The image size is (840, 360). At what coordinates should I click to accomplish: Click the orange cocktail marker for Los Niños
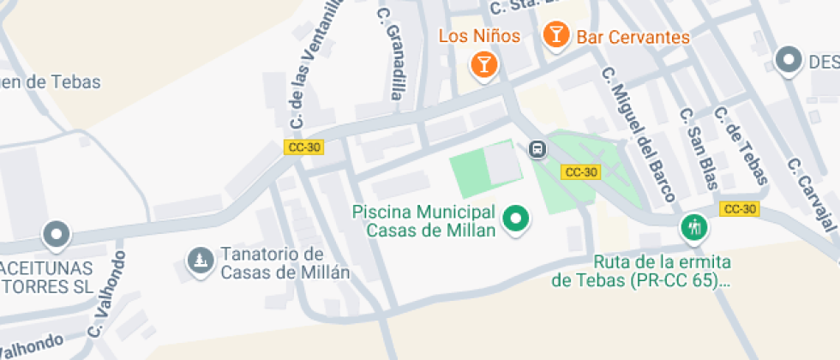[x=484, y=64]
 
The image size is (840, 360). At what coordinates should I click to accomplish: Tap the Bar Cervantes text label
[x=633, y=37]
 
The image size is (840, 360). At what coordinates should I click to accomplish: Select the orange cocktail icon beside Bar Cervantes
[x=556, y=35]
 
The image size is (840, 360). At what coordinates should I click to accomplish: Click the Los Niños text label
[x=479, y=36]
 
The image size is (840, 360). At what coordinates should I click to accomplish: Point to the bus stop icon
[x=537, y=150]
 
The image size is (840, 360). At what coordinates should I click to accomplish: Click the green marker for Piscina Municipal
[x=516, y=219]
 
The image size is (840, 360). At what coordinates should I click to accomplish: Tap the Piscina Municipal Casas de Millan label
[x=424, y=220]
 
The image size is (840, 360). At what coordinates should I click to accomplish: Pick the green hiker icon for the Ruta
[x=693, y=228]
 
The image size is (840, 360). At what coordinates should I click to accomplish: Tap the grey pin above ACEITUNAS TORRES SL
[x=57, y=233]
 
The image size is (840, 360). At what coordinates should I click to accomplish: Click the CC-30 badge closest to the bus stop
[x=580, y=172]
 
